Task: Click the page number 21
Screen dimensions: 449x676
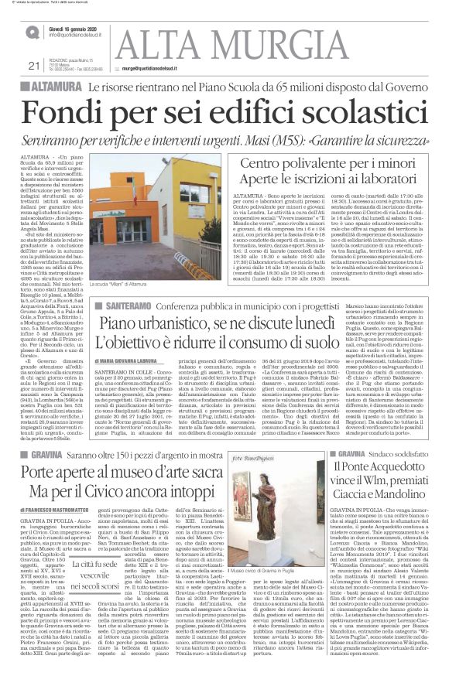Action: click(33, 65)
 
